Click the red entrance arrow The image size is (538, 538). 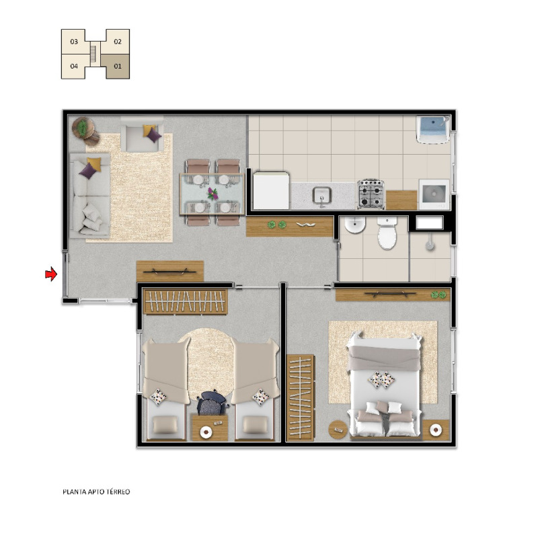[51, 274]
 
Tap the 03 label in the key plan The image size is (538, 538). [74, 42]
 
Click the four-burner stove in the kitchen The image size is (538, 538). [371, 194]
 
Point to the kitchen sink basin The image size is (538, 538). [321, 196]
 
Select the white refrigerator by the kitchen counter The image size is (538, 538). [271, 190]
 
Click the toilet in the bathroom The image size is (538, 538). [387, 233]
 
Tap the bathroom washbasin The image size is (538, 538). [355, 225]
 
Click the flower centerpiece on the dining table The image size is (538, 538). [213, 194]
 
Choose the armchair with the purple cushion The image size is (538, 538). [142, 134]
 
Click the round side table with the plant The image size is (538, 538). [82, 127]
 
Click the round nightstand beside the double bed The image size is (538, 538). [338, 429]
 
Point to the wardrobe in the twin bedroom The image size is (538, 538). [186, 301]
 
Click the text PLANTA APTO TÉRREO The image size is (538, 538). [96, 492]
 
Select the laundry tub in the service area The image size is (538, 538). [432, 130]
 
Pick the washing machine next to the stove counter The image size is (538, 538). [434, 194]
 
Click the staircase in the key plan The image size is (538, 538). [93, 54]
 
